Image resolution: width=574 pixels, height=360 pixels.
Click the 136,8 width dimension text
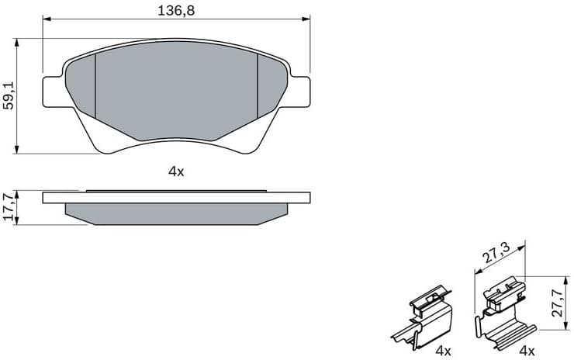[x=175, y=10]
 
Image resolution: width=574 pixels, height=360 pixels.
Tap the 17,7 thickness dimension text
[x=9, y=207]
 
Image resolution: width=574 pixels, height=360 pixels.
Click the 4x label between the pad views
[x=176, y=171]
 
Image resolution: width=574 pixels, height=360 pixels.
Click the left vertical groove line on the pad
[x=95, y=85]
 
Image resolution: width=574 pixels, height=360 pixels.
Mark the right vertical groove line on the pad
[x=257, y=85]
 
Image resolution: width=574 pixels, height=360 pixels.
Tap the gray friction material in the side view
[x=177, y=213]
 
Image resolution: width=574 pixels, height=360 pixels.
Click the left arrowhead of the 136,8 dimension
[x=45, y=21]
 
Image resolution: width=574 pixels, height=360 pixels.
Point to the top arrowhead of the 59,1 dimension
[x=17, y=42]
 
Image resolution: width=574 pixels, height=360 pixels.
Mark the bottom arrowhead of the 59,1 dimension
[x=17, y=150]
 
